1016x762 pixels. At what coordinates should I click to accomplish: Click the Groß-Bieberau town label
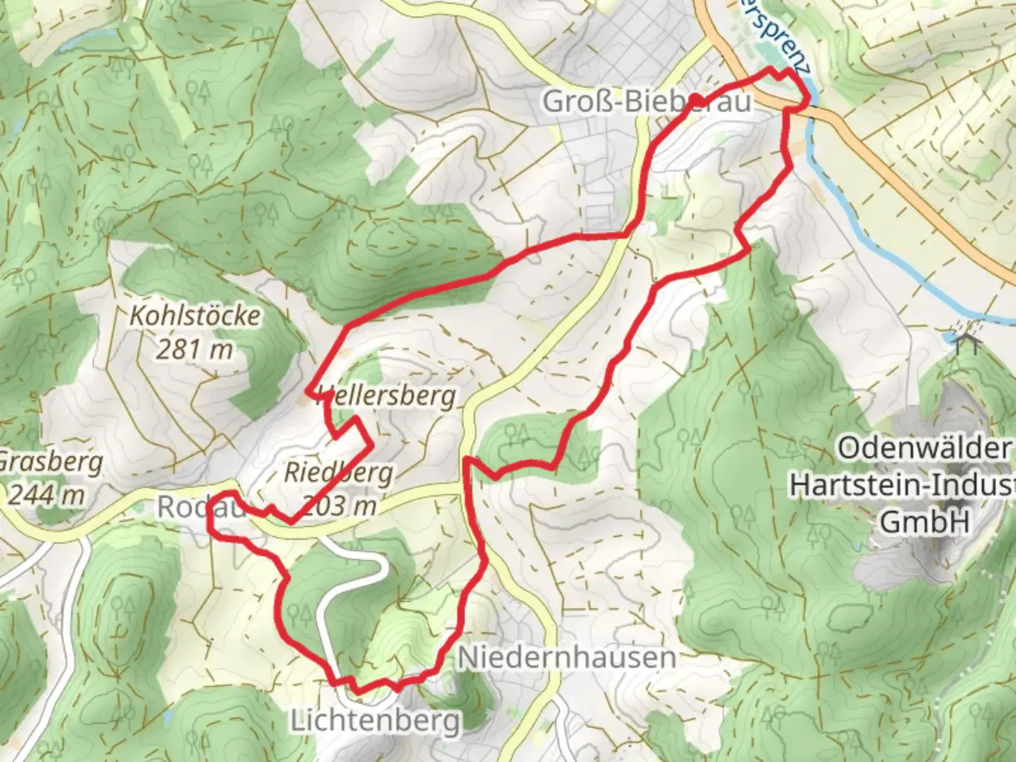646,102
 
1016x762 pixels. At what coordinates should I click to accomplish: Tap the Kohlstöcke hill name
195,315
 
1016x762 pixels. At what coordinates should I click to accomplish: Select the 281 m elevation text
195,349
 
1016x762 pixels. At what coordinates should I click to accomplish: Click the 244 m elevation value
46,495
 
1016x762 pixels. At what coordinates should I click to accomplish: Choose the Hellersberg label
387,396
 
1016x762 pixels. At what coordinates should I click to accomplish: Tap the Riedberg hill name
338,472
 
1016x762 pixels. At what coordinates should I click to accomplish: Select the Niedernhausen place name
567,658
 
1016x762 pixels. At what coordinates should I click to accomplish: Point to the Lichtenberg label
375,721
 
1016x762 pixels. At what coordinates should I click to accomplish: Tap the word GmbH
923,521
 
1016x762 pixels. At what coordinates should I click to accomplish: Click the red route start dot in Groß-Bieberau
694,99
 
